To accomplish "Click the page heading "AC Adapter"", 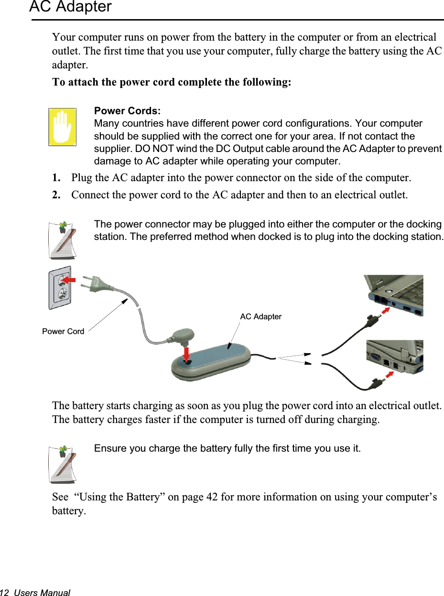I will (70, 7).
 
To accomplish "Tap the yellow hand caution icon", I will (62, 127).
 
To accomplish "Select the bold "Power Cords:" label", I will (127, 111).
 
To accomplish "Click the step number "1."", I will (56, 178).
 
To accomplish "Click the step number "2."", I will (56, 195).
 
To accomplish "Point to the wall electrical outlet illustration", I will (60, 288).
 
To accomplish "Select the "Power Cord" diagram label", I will (63, 331).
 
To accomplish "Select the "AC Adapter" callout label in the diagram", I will (260, 316).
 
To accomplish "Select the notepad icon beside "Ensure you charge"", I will (63, 464).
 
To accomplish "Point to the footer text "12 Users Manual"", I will (35, 593).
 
